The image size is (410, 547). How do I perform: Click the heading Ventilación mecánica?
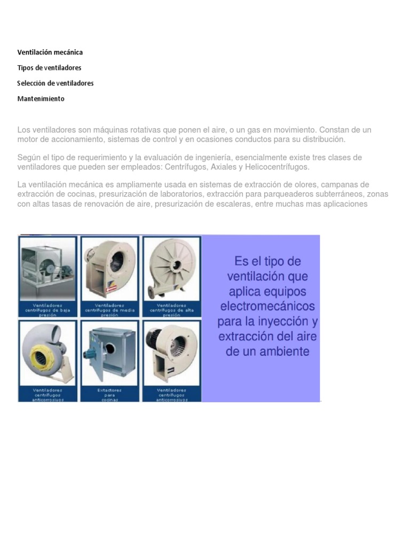pyautogui.click(x=50, y=52)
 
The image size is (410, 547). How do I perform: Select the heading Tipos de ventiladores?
pyautogui.click(x=49, y=68)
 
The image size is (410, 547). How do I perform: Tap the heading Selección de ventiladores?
pyautogui.click(x=55, y=83)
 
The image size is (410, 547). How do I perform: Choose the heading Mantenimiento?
pyautogui.click(x=41, y=99)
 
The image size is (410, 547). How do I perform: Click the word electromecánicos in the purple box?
pyautogui.click(x=267, y=307)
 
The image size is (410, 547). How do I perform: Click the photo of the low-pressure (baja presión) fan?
pyautogui.click(x=48, y=269)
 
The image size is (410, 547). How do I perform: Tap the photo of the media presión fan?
pyautogui.click(x=110, y=269)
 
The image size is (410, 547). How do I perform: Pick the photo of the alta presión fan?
pyautogui.click(x=172, y=268)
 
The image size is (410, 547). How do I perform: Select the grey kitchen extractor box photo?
pyautogui.click(x=109, y=353)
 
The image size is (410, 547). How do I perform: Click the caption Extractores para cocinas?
pyautogui.click(x=109, y=394)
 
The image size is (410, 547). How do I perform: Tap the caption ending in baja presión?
pyautogui.click(x=48, y=310)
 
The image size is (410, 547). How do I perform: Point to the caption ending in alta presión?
pyautogui.click(x=172, y=310)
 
